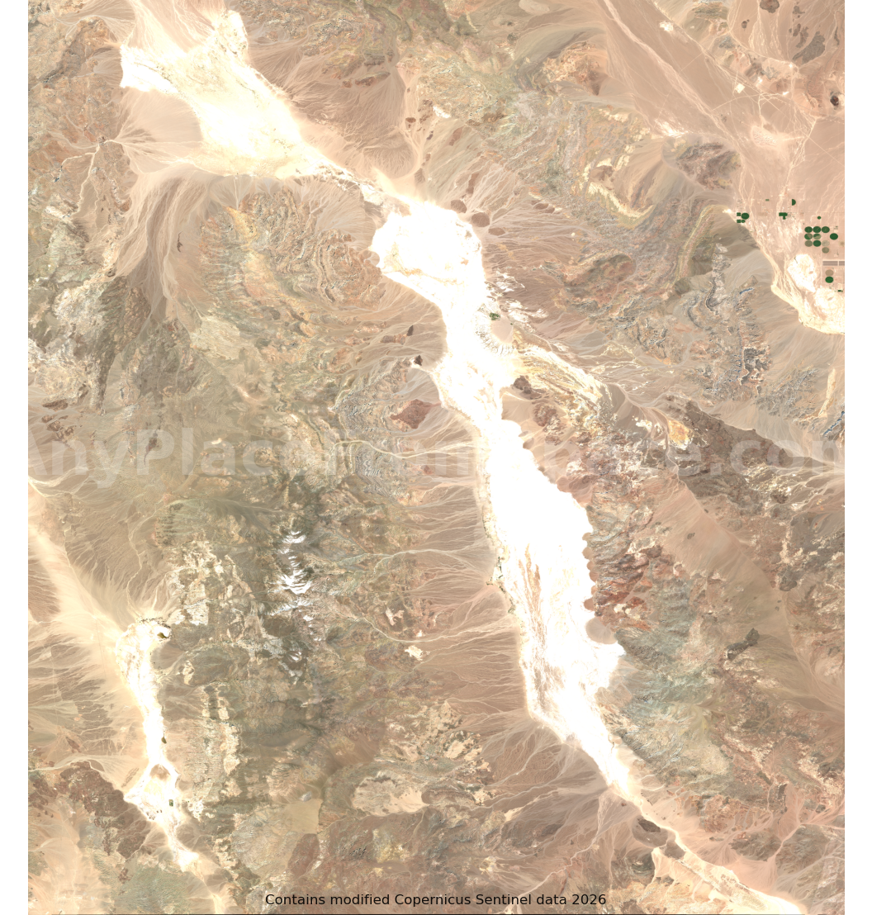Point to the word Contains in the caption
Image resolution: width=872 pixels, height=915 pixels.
[295, 900]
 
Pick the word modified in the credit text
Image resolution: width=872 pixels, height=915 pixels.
[360, 900]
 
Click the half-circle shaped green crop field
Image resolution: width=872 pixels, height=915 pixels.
[793, 201]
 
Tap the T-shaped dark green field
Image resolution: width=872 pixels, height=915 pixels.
[783, 216]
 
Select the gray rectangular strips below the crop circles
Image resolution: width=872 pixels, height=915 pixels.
[832, 263]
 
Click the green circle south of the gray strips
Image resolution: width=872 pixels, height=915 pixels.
[829, 280]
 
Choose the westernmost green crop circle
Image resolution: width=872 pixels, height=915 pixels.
[744, 216]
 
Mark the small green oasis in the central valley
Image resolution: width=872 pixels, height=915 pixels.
[494, 315]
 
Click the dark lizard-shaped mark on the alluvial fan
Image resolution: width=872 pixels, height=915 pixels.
[178, 242]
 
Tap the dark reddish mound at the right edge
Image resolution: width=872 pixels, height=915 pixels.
[833, 100]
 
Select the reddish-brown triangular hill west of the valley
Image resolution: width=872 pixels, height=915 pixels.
[414, 412]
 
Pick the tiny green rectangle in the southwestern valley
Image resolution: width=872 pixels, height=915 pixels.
[171, 802]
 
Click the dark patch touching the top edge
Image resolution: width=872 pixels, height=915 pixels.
[770, 5]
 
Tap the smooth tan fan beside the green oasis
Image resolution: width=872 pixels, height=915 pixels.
[502, 331]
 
